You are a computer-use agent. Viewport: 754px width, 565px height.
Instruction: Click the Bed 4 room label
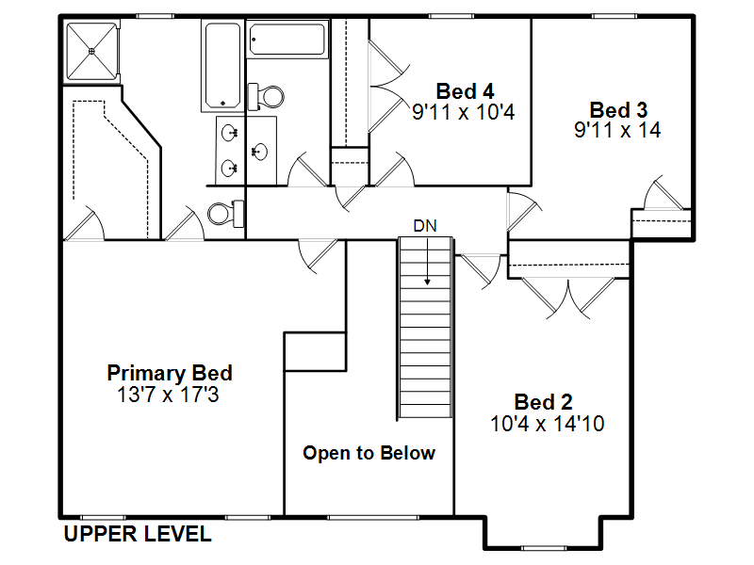pos(465,91)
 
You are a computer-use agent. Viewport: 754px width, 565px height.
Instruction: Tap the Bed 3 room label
pos(618,110)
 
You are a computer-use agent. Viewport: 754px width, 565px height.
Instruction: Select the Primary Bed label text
pos(170,373)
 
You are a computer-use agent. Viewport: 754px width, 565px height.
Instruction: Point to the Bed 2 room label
pos(544,402)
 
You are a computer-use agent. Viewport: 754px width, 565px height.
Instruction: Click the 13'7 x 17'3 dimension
pos(168,395)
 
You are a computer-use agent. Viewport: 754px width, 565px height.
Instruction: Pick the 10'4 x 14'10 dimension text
pos(548,424)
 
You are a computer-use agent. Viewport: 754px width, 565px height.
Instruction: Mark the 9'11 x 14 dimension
pos(617,130)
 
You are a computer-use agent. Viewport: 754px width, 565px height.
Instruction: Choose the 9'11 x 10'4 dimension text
pos(464,112)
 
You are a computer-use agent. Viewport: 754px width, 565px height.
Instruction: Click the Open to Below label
pos(369,453)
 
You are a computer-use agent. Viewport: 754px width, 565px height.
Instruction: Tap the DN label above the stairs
pos(425,226)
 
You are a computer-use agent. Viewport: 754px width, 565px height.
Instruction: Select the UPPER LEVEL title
pos(138,534)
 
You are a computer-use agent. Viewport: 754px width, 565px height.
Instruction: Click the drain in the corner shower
pos(91,51)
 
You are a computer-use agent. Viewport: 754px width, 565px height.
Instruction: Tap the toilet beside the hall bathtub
pos(266,97)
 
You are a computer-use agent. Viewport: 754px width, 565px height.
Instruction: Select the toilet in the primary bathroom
pos(226,214)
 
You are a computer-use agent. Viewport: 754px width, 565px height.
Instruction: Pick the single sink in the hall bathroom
pos(260,152)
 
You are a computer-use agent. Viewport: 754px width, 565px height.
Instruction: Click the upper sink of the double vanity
pos(229,132)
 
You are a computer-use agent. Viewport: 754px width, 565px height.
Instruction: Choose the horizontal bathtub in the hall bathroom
pos(287,39)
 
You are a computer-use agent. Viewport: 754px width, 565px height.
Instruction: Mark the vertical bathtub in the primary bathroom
pos(222,65)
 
